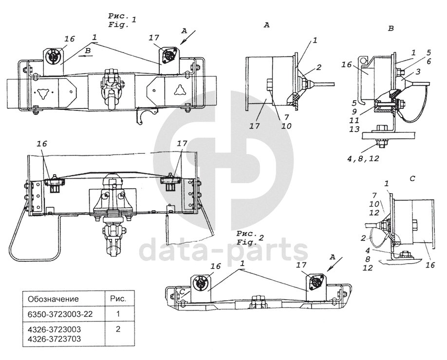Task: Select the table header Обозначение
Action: tap(54, 299)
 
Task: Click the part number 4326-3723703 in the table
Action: tap(55, 338)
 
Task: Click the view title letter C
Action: tap(412, 179)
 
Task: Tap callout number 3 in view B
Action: tap(417, 72)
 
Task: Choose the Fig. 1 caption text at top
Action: tap(121, 22)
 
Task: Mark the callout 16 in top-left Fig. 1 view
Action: tap(69, 38)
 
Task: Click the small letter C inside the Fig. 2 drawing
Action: tap(182, 291)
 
